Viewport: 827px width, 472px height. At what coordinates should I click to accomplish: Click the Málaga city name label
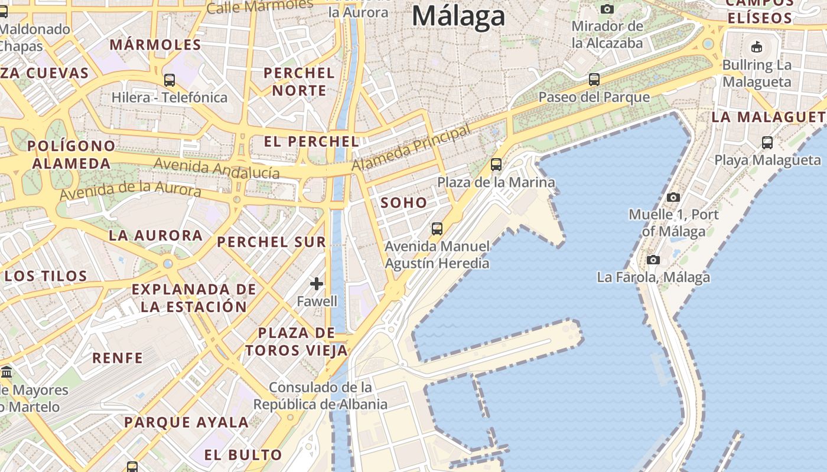click(x=458, y=16)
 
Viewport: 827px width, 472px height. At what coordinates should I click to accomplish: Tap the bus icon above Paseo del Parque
click(x=594, y=80)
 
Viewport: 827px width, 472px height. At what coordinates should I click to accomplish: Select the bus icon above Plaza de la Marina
click(x=496, y=165)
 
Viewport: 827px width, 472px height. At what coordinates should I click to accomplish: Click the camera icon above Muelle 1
click(x=673, y=197)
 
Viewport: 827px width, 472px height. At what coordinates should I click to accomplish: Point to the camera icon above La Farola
click(x=653, y=260)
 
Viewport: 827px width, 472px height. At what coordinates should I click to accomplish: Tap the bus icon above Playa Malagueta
click(x=767, y=142)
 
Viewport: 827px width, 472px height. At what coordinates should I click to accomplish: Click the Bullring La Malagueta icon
click(x=756, y=47)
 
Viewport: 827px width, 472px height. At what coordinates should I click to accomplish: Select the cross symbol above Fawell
click(x=317, y=284)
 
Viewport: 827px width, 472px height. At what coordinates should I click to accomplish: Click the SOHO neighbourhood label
click(x=403, y=203)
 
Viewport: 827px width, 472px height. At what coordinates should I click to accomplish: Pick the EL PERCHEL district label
click(x=311, y=142)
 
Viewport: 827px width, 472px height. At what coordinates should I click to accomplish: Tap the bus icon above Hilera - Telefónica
click(x=170, y=80)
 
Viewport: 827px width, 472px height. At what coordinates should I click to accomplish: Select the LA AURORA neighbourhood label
click(x=155, y=235)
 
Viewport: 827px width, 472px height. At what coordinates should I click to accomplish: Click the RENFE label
click(x=118, y=358)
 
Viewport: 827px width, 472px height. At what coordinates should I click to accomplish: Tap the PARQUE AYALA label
click(x=186, y=422)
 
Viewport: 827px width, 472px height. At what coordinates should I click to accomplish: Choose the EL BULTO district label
click(x=243, y=455)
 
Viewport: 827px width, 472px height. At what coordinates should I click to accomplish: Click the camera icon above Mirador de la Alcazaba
click(x=607, y=9)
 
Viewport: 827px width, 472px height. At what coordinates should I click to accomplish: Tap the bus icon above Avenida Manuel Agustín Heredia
click(x=437, y=228)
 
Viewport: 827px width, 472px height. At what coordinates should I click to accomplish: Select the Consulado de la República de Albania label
click(x=321, y=396)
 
